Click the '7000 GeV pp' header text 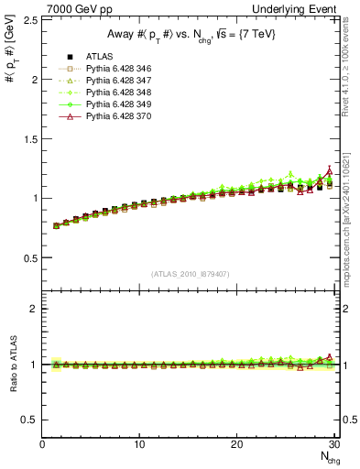click(71, 7)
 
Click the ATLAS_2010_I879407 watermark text click(191, 274)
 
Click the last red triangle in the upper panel click(330, 171)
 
